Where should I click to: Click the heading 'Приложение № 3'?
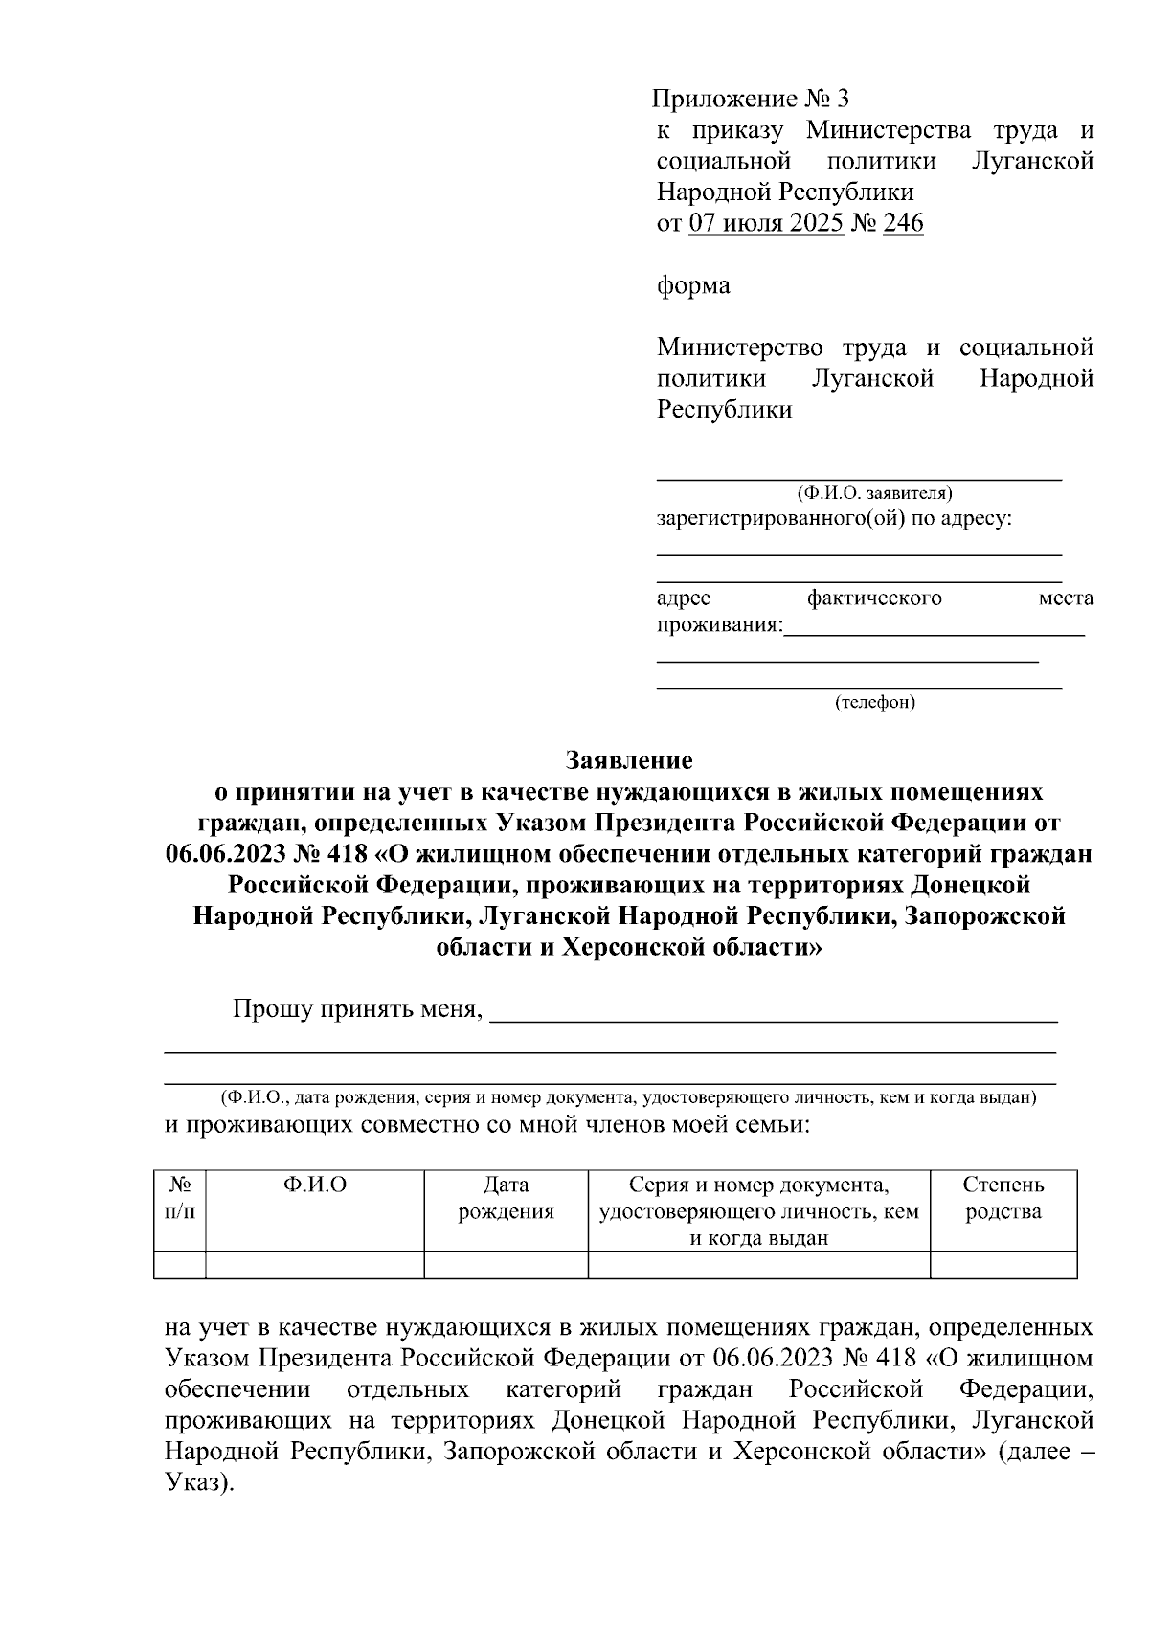750,99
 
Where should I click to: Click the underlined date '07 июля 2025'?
766,223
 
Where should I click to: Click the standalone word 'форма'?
693,285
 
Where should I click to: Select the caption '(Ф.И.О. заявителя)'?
873,493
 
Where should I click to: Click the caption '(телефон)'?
875,702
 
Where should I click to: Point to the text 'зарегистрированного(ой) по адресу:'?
834,519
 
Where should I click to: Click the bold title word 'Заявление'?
629,760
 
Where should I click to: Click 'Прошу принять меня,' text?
357,1009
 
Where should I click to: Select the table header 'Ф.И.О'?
315,1185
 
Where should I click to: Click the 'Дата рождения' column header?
506,1198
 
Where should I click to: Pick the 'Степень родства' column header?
1003,1198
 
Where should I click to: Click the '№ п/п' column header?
180,1198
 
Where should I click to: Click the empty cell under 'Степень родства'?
1003,1265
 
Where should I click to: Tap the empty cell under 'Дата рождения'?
506,1265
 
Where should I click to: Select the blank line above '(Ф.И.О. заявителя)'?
859,475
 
